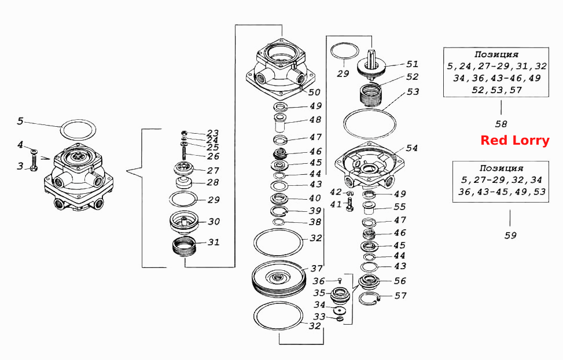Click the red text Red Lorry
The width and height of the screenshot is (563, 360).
(515, 140)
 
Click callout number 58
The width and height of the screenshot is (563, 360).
(501, 124)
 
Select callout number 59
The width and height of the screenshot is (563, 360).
(510, 236)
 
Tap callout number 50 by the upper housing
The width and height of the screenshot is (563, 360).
(314, 93)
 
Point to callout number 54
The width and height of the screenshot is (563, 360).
(412, 148)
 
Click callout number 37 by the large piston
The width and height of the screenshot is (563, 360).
(317, 269)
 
